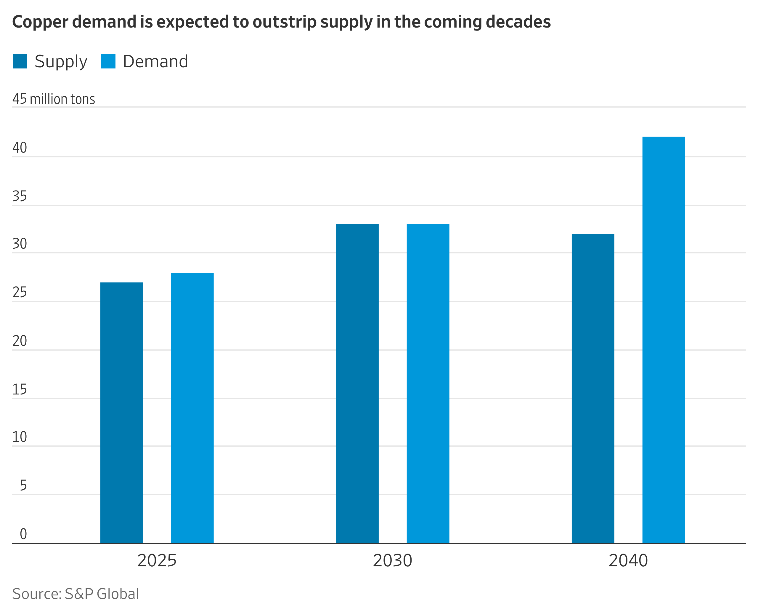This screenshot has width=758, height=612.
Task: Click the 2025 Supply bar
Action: (121, 413)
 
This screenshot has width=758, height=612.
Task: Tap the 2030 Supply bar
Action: (357, 384)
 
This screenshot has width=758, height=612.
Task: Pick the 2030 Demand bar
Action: (428, 384)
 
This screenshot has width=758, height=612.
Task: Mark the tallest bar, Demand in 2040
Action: (664, 340)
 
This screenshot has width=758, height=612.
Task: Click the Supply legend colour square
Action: (20, 61)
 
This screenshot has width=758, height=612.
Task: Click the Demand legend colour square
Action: (108, 61)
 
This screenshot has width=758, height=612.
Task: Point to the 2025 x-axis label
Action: (157, 560)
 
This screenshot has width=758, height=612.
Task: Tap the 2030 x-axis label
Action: (392, 560)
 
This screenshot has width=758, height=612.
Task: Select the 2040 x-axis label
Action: (628, 560)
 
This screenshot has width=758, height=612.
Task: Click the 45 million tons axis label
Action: (54, 99)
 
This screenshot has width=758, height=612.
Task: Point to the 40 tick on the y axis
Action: (20, 148)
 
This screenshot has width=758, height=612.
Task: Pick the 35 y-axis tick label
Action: (20, 196)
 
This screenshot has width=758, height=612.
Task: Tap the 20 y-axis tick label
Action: (20, 341)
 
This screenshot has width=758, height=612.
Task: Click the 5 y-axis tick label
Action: (23, 485)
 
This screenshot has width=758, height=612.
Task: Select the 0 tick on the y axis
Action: (23, 534)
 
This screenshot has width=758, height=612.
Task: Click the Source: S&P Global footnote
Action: (76, 594)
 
